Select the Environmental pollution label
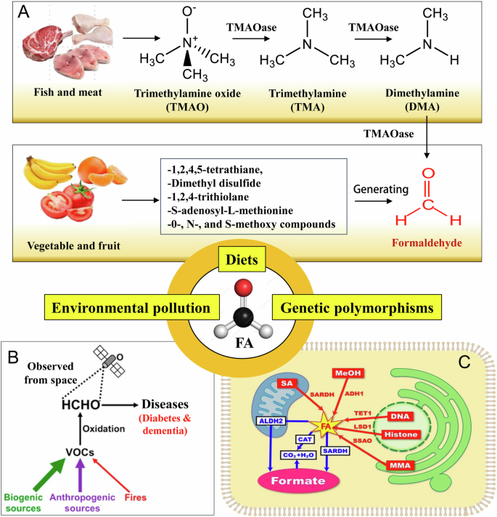tap(126, 307)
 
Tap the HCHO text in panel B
tap(78, 403)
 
